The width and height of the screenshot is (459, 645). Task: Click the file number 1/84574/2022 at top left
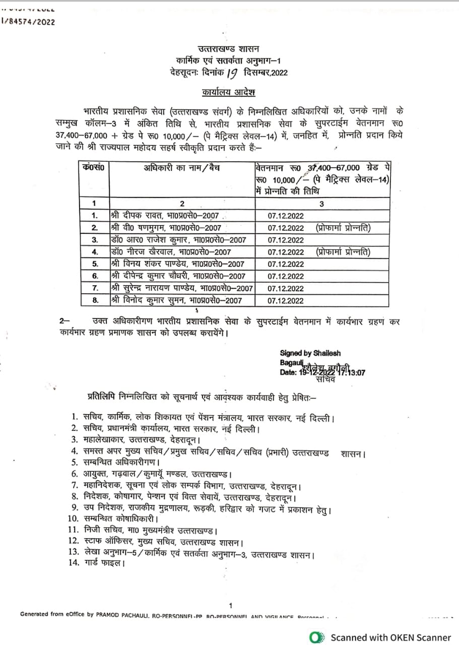tap(29, 21)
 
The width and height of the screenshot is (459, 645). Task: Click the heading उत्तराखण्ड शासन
tap(229, 49)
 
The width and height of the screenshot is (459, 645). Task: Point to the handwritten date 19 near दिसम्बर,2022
tap(232, 73)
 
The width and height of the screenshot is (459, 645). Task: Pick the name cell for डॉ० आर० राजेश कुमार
tap(171, 240)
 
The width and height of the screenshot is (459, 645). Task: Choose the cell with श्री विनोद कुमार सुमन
tap(176, 301)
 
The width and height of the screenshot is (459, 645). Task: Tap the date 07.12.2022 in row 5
tap(286, 264)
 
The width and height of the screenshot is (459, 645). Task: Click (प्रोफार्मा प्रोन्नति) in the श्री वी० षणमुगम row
tap(343, 228)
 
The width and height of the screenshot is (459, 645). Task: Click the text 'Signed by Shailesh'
tap(310, 353)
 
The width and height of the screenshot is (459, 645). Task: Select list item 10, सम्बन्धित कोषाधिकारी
tap(119, 518)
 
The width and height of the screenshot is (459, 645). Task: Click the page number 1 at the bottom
tap(230, 605)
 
